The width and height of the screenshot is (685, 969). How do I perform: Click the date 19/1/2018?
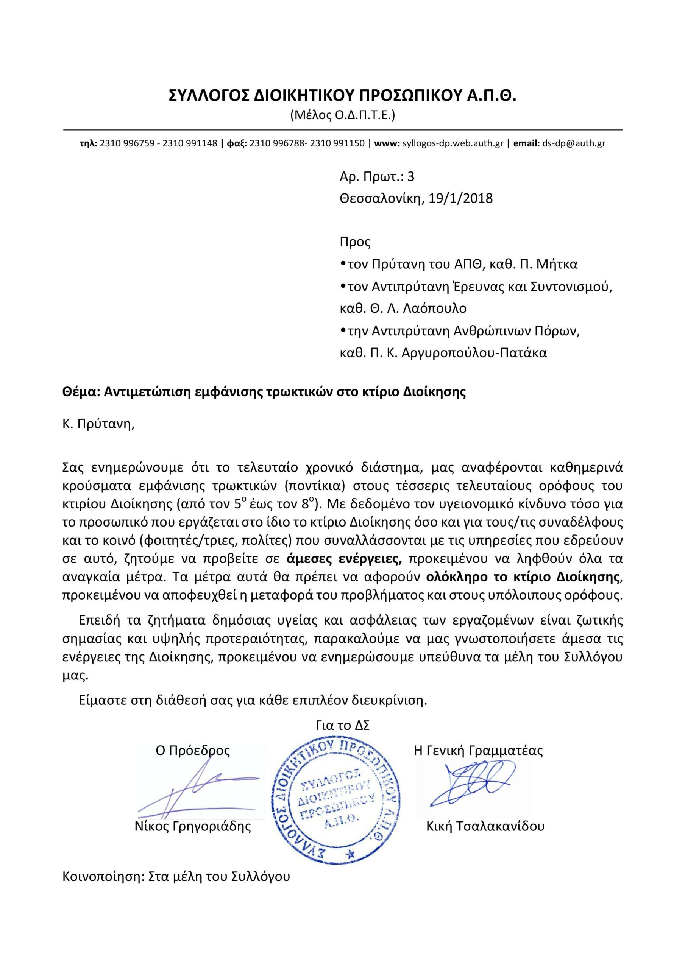click(x=460, y=198)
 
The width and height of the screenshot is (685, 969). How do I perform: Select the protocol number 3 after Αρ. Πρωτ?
click(x=410, y=176)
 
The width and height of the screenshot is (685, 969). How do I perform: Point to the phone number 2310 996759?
click(x=127, y=143)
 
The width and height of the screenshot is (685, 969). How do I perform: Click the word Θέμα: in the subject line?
click(x=80, y=392)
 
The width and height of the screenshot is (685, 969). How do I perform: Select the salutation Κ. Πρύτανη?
click(x=98, y=424)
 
